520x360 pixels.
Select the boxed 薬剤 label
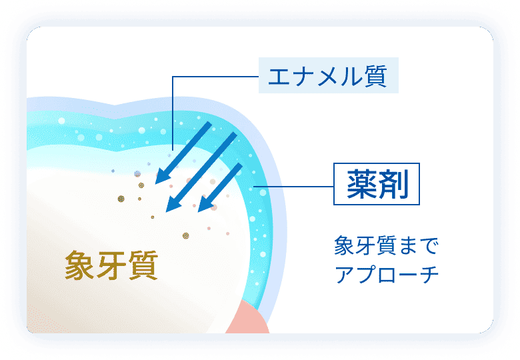377,184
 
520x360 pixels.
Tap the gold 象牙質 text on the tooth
111,265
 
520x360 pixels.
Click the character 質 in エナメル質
376,76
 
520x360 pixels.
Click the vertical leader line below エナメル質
173,113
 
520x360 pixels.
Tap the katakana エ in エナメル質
279,76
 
